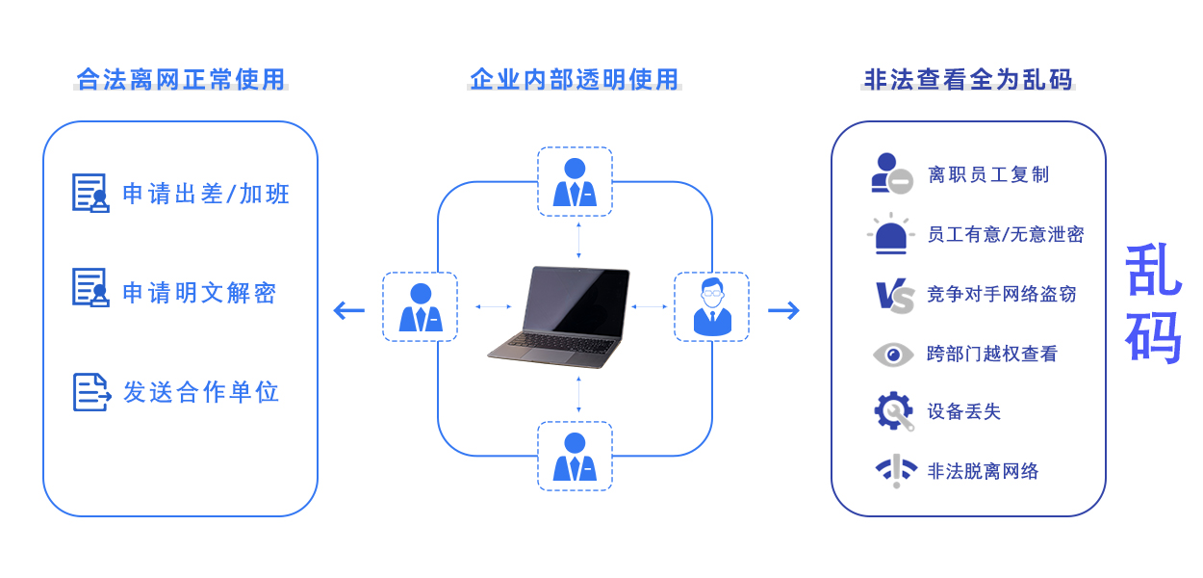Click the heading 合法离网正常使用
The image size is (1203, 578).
point(181,79)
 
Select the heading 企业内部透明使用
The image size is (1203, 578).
point(575,79)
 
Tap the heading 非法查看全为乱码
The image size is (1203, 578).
point(968,79)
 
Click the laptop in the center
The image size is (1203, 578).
point(558,316)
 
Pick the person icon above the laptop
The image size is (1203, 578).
point(575,182)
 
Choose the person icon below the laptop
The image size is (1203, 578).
point(575,457)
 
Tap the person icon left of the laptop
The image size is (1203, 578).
point(421,307)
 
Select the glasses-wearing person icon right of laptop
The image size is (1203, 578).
point(711,306)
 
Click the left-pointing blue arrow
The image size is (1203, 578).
point(348,310)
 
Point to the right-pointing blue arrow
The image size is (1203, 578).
point(783,310)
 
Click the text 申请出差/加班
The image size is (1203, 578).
point(206,194)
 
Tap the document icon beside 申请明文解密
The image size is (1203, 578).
point(90,288)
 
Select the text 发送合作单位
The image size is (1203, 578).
point(201,392)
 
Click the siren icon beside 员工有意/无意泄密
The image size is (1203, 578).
point(891,235)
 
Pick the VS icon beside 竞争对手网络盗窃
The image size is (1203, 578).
point(894,295)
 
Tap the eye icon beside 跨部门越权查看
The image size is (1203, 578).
point(893,355)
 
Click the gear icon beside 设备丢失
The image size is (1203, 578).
point(893,411)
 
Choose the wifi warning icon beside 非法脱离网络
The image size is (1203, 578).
point(896,470)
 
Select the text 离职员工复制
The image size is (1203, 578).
point(988,174)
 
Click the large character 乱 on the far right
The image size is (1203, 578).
point(1153,271)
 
